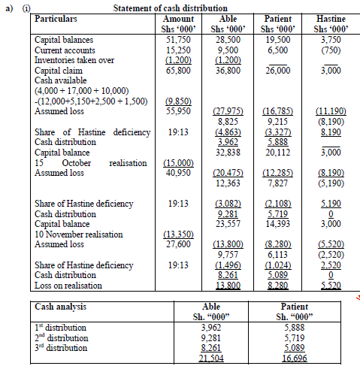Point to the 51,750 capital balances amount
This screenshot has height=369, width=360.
point(177,38)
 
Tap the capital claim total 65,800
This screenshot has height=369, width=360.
point(177,68)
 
